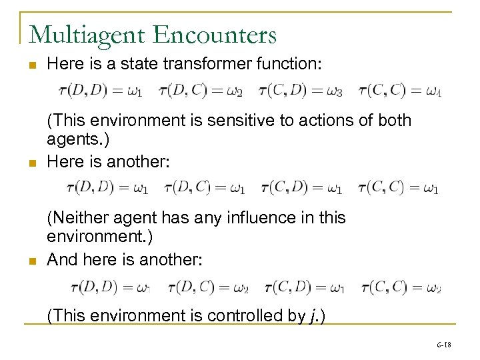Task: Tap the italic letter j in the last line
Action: click(313, 316)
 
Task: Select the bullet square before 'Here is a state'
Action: click(31, 65)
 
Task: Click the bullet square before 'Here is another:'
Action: click(31, 163)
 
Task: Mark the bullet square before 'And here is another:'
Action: click(31, 260)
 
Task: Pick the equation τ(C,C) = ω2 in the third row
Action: click(401, 287)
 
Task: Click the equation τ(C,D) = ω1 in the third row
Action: click(304, 287)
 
